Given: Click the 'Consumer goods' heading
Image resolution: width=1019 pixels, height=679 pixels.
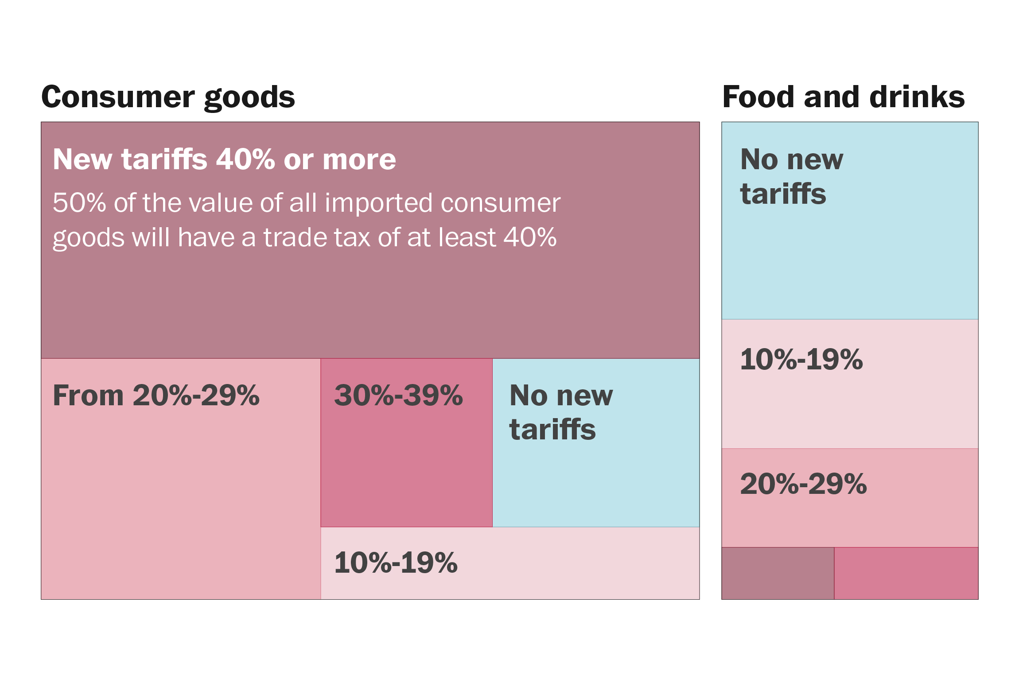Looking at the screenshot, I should pos(168,97).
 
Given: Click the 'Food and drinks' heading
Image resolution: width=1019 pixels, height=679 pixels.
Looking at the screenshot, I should pos(843,97).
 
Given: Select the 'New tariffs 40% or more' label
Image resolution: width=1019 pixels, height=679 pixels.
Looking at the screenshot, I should pos(224,159).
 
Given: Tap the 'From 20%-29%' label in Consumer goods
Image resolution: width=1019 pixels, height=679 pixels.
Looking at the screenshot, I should pos(156,395).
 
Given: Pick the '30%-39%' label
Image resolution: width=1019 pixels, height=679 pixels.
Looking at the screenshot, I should pos(398,395).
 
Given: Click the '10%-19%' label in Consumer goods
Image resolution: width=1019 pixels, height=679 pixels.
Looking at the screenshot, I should pos(396,563).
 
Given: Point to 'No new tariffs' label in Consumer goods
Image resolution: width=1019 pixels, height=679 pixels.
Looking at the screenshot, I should pos(561,412).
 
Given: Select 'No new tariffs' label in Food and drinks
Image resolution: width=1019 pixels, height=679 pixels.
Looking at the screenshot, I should pos(791,176).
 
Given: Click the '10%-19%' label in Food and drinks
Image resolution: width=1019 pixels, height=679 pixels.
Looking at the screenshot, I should pos(801,359).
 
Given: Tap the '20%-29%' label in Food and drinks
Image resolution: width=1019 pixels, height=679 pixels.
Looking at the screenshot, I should pos(803,484).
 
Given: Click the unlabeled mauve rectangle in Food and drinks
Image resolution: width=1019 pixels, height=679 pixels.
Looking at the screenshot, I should pos(778,573).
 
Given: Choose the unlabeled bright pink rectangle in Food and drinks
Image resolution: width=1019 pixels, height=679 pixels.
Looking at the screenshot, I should pos(906,573).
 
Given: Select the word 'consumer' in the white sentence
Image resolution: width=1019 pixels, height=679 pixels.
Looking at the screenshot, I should pos(501,203).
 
